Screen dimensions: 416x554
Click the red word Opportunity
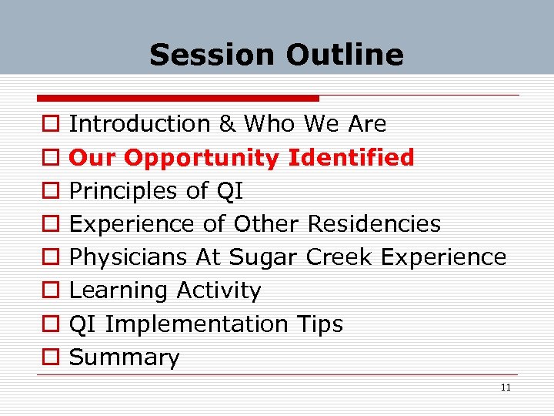point(202,158)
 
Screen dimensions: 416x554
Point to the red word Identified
point(351,157)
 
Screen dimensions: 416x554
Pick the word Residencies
point(374,224)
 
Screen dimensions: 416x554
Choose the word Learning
point(119,290)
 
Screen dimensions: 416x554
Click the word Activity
point(219,290)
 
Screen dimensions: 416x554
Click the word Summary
point(125,357)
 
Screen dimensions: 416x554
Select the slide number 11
point(506,387)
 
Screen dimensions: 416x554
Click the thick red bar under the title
point(177,99)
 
